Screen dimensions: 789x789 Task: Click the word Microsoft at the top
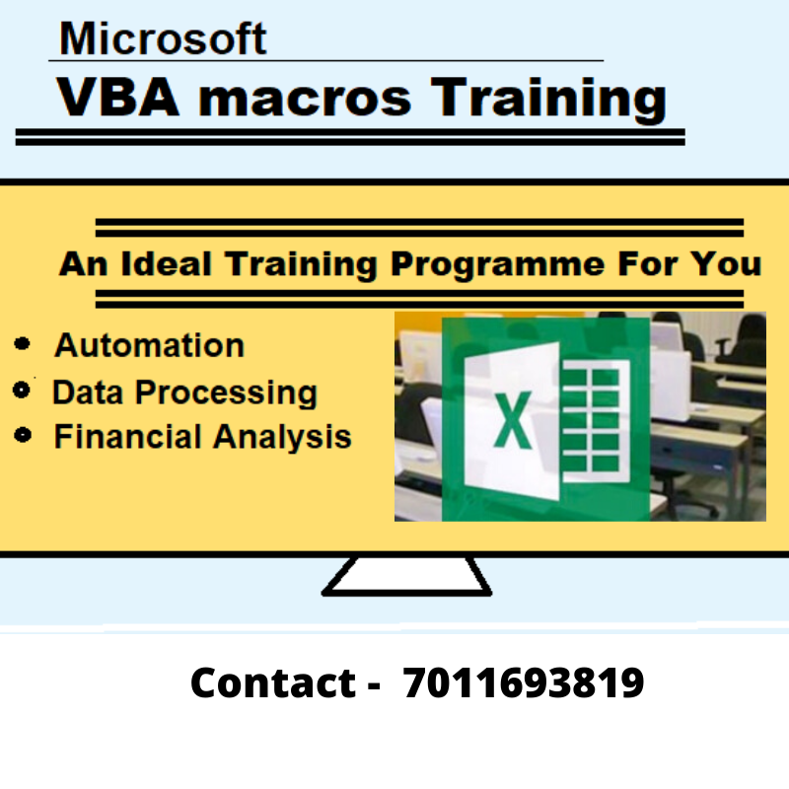tap(163, 38)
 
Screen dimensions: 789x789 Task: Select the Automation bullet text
tap(149, 345)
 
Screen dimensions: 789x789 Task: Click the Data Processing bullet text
tap(184, 393)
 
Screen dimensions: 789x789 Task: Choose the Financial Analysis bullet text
tap(202, 437)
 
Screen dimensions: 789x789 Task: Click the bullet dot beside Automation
tap(24, 345)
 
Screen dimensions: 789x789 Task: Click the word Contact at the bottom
tap(272, 682)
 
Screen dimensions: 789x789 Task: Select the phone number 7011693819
tap(524, 682)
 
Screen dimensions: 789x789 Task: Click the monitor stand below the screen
tap(405, 576)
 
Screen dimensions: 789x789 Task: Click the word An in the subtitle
tap(81, 264)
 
